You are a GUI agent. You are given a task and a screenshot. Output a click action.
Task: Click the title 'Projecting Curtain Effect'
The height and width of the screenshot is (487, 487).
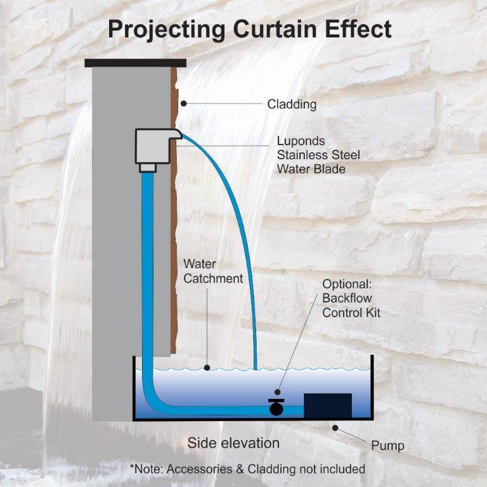[x=249, y=29]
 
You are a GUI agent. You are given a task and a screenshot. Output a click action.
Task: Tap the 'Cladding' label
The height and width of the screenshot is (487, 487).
[x=292, y=104]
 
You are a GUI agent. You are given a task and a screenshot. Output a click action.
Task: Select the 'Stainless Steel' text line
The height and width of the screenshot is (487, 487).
[x=318, y=155]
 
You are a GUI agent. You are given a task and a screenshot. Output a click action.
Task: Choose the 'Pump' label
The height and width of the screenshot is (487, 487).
[x=387, y=446]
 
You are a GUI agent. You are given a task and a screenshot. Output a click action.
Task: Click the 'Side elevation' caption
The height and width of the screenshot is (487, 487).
[x=233, y=443]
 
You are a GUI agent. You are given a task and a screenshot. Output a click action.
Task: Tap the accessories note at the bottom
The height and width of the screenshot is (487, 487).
[x=247, y=469]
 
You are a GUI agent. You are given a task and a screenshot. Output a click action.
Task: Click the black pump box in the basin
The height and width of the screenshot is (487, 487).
[x=327, y=406]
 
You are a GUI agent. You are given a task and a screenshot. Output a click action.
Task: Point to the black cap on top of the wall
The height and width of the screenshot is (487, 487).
[x=136, y=63]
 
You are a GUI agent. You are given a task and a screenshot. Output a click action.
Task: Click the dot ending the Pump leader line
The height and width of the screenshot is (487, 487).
[x=334, y=428]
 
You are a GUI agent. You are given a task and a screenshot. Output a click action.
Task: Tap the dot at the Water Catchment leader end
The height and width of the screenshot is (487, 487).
[x=207, y=367]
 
